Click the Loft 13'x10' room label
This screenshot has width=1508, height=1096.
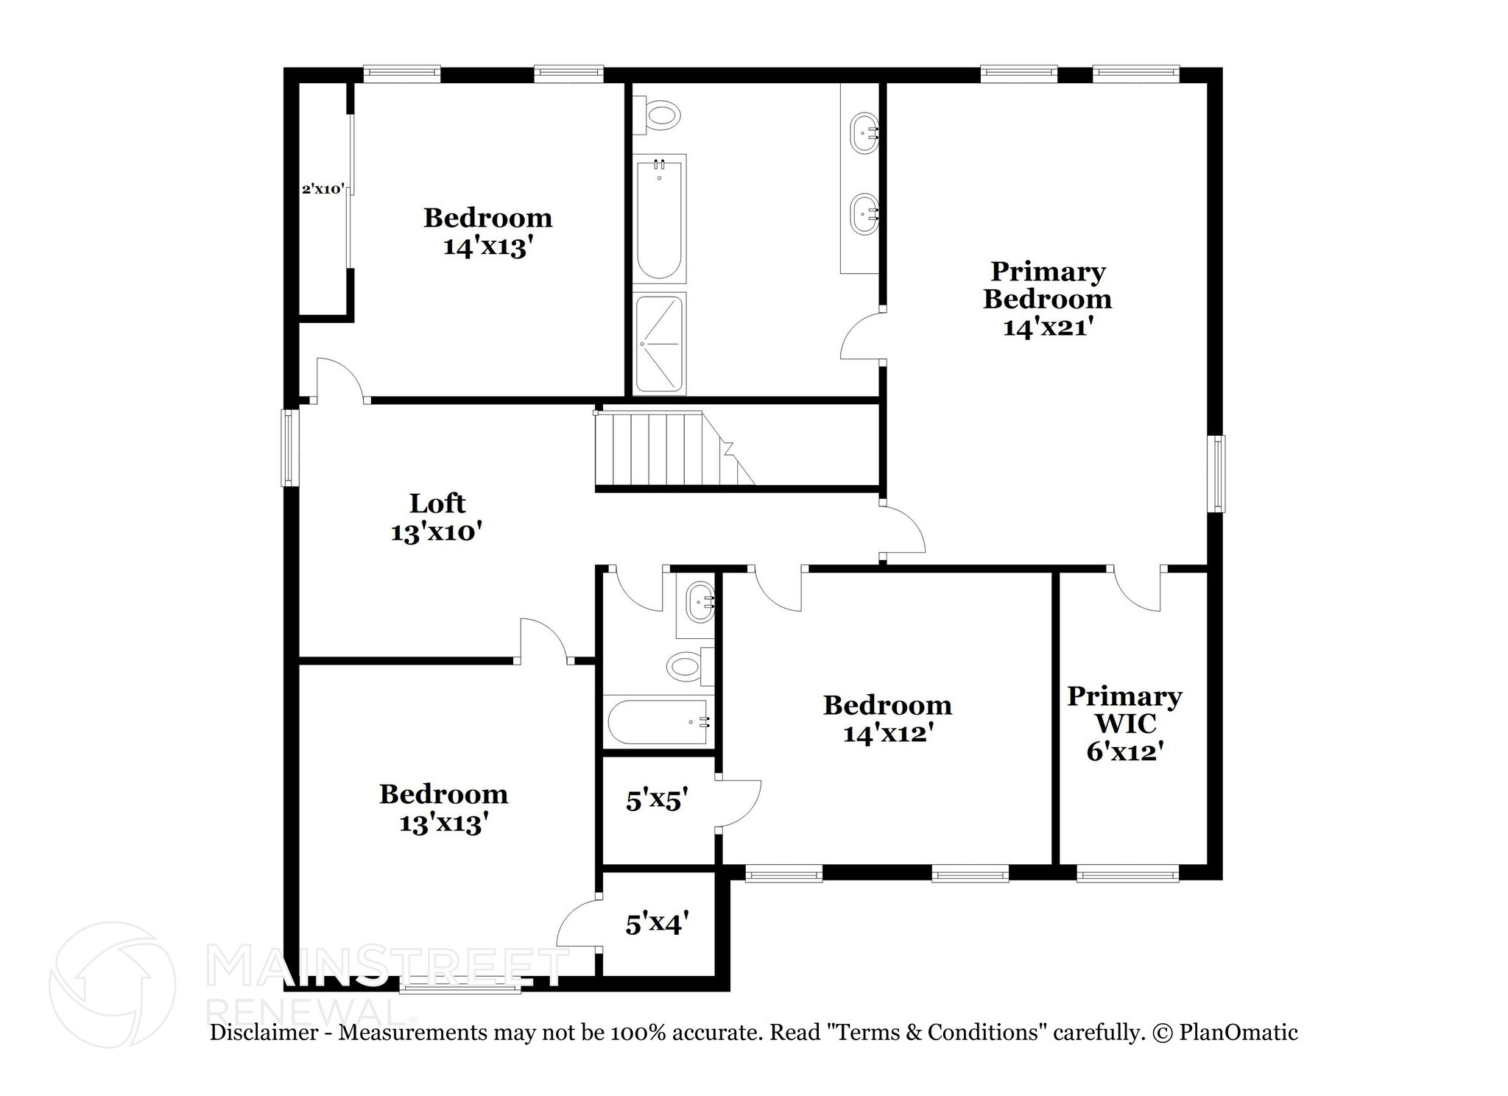coord(437,517)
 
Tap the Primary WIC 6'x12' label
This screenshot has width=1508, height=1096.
coord(1124,724)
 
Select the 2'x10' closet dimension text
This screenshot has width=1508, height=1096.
coord(323,189)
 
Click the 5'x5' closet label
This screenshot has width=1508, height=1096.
coord(657,799)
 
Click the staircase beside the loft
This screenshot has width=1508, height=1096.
coord(663,449)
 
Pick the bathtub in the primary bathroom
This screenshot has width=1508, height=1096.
coord(660,219)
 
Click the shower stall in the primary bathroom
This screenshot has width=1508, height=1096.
coord(660,344)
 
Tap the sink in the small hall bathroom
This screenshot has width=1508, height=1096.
coord(698,603)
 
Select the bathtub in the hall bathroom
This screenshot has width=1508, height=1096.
coord(658,722)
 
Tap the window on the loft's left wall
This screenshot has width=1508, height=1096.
coord(290,448)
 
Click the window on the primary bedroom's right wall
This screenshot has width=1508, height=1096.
coord(1219,473)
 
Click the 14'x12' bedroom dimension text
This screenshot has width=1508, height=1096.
coord(888,733)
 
